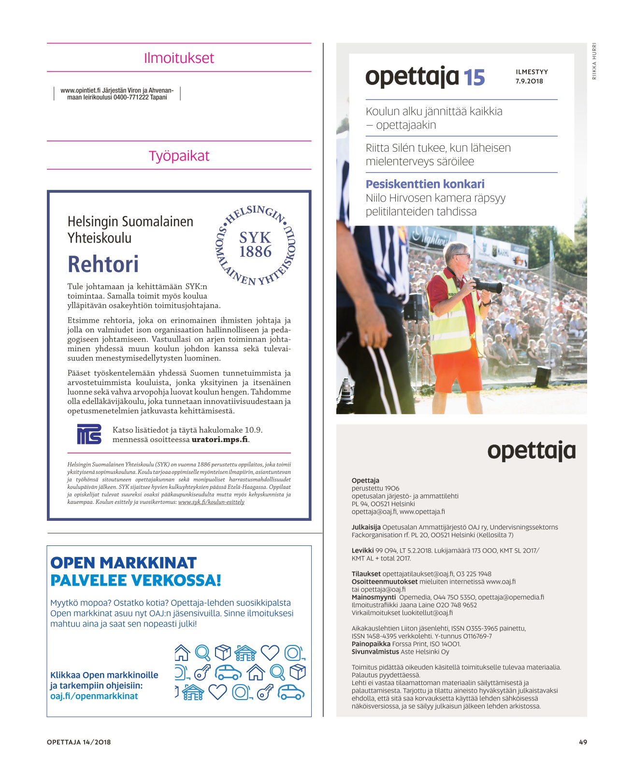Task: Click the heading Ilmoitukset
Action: [179, 58]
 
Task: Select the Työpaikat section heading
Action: [179, 156]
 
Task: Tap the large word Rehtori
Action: [103, 264]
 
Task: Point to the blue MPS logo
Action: [89, 434]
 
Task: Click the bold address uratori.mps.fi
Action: [220, 440]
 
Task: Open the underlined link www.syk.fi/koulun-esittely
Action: [211, 502]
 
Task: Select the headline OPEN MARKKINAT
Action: [123, 563]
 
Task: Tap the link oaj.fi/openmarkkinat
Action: [94, 696]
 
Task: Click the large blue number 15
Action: [474, 78]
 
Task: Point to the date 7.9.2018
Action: [529, 81]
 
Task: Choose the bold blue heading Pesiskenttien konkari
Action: [425, 184]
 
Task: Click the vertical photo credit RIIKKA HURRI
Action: [594, 61]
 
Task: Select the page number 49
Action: [583, 742]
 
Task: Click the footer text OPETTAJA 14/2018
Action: [79, 742]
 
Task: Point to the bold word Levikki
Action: [362, 550]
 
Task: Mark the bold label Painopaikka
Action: [371, 644]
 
